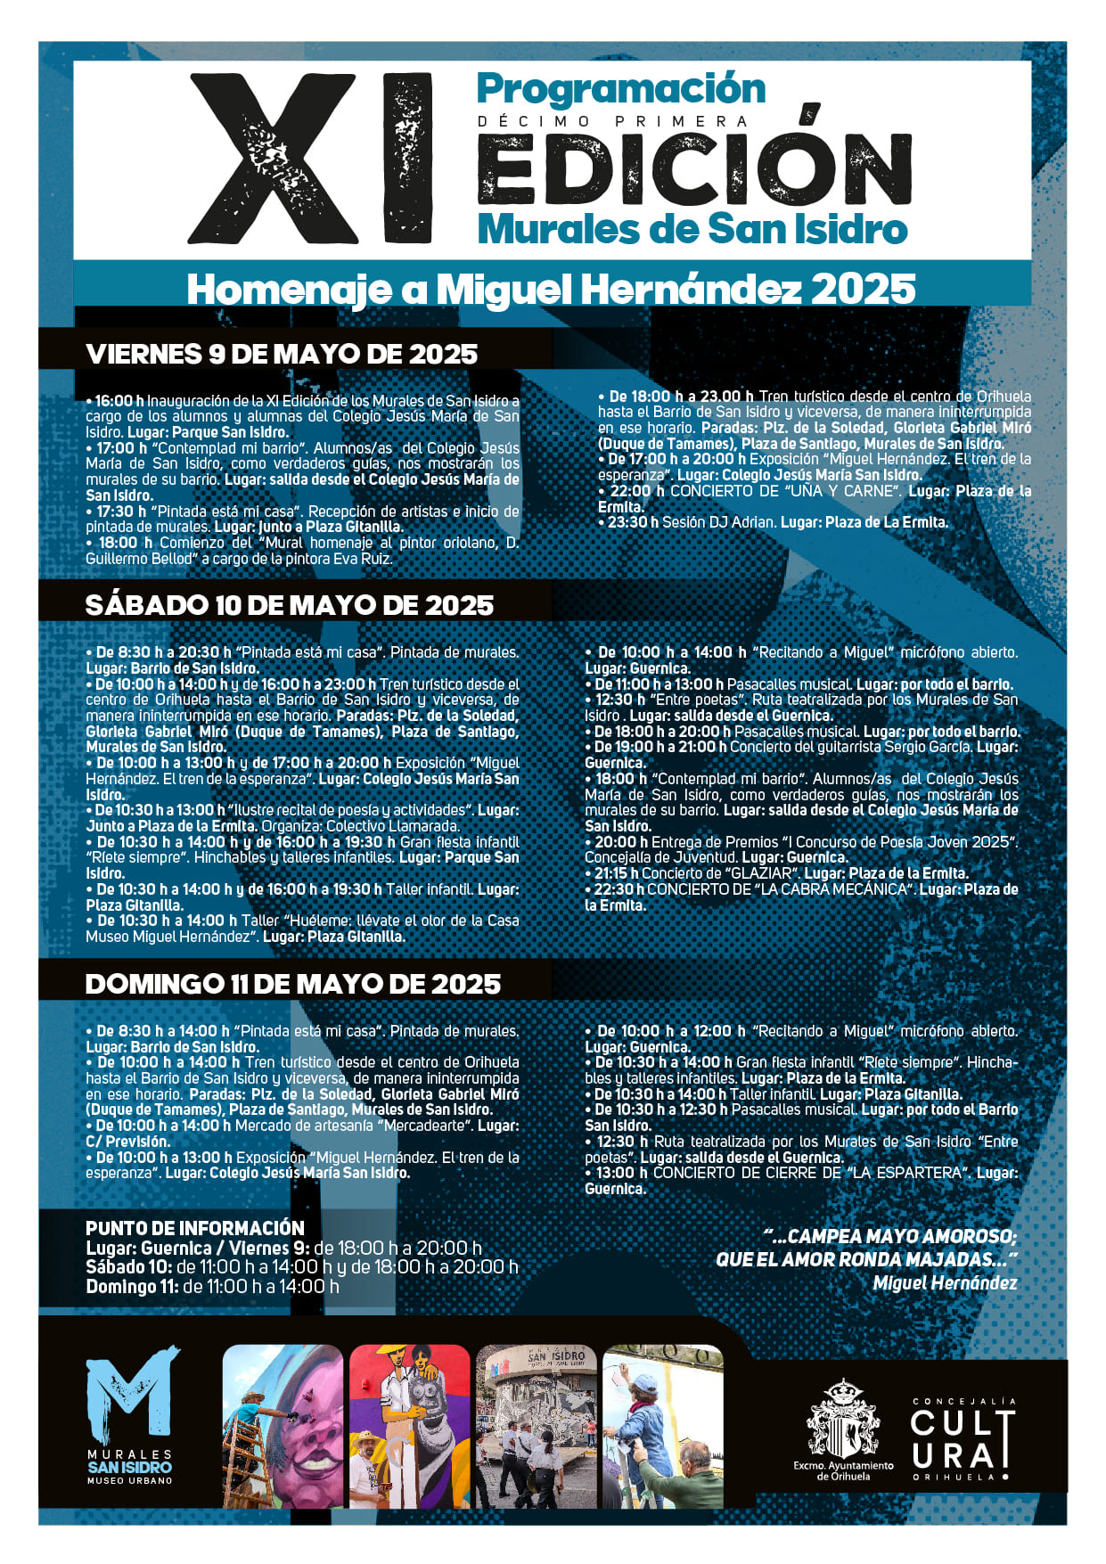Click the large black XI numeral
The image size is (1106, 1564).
pyautogui.click(x=310, y=159)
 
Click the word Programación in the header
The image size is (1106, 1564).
pyautogui.click(x=620, y=89)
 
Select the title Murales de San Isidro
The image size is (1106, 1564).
pyautogui.click(x=692, y=229)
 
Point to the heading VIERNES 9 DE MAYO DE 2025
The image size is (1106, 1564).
pyautogui.click(x=282, y=354)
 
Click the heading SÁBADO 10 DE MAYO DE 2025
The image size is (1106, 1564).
pyautogui.click(x=289, y=605)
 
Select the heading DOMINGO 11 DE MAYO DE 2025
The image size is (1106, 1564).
pyautogui.click(x=292, y=984)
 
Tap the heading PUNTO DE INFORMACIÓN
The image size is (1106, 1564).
pyautogui.click(x=194, y=1228)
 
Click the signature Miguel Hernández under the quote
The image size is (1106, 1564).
pyautogui.click(x=945, y=1283)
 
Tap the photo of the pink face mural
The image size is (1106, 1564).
pyautogui.click(x=283, y=1427)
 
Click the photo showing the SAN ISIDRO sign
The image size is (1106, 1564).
pyautogui.click(x=537, y=1427)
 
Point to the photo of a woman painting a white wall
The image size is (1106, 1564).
pyautogui.click(x=663, y=1427)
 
